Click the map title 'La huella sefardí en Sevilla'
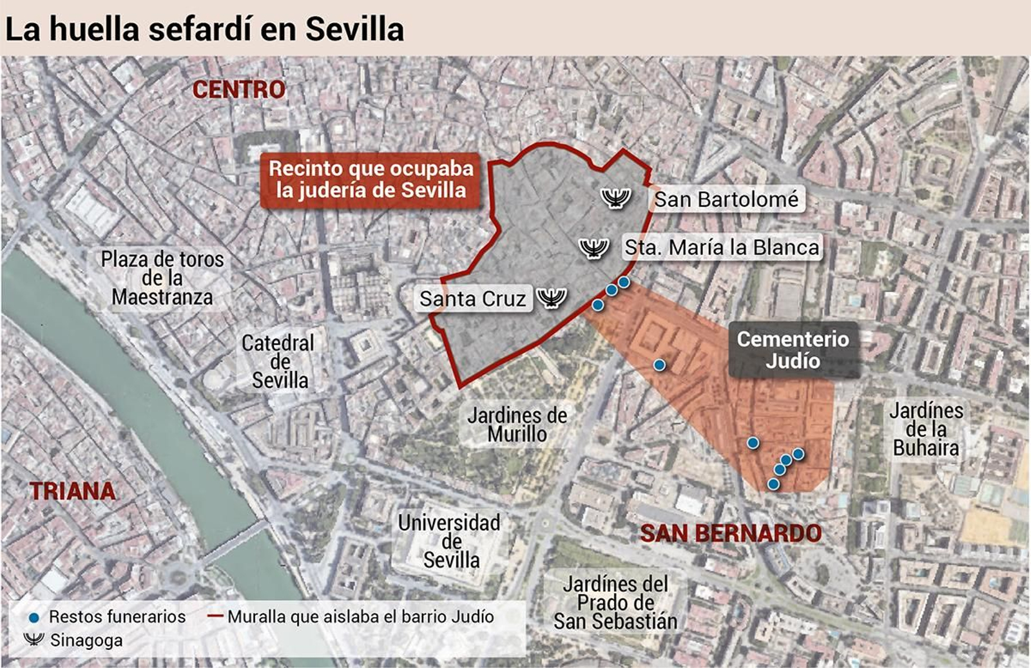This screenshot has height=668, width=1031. [205, 29]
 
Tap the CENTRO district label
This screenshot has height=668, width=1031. [238, 90]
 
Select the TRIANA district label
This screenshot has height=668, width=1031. [72, 491]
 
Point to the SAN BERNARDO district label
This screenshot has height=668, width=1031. [731, 533]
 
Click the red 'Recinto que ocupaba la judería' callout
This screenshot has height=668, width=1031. [371, 180]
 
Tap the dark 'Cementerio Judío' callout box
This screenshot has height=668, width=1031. [793, 349]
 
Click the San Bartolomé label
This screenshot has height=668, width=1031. [726, 200]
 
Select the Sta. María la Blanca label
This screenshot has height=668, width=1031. [722, 247]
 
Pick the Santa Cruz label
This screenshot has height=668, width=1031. [472, 299]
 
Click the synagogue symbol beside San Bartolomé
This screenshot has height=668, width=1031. [615, 197]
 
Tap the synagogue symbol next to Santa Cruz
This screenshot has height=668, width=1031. [552, 298]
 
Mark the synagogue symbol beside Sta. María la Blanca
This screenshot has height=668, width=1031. [593, 247]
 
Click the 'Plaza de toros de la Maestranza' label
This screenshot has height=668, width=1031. [162, 278]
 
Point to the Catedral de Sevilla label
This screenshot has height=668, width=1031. [279, 361]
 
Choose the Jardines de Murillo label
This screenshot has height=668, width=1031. [517, 425]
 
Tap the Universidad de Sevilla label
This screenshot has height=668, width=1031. [449, 541]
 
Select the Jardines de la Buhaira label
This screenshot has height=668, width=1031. [926, 429]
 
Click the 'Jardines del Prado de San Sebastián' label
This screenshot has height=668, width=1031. [615, 603]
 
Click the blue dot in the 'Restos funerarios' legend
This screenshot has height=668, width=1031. [34, 618]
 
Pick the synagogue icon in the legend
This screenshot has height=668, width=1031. [34, 639]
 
